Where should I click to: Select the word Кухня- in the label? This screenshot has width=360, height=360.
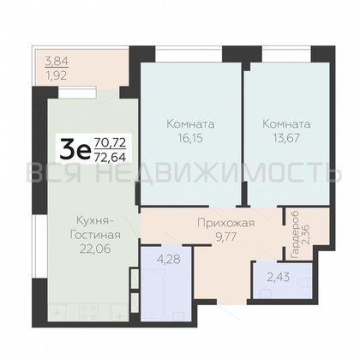coord(92,219)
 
